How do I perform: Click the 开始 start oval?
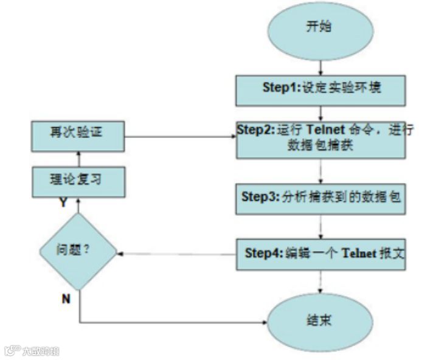pos(321,29)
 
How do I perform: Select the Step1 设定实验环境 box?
pos(321,89)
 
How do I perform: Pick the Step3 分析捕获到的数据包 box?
pos(321,198)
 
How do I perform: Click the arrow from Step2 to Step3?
pos(321,171)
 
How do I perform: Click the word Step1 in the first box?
pos(277,88)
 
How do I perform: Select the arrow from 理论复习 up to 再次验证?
pos(77,157)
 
